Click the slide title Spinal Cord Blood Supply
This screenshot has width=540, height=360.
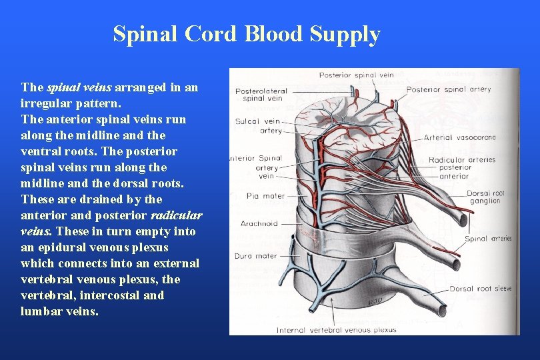247,34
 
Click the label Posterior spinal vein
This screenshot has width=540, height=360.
357,75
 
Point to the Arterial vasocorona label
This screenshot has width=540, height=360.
459,137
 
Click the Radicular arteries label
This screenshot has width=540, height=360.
462,160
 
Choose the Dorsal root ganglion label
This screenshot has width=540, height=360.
485,197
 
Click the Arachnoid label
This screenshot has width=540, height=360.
259,223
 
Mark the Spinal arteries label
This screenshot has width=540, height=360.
488,239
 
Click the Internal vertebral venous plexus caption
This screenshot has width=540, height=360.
337,329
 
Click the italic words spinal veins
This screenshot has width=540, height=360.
80,87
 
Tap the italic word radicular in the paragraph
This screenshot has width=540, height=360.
177,215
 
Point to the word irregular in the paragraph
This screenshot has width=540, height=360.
46,103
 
